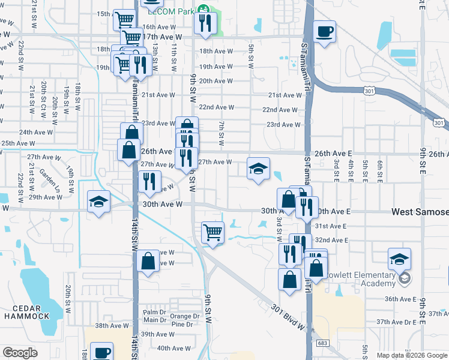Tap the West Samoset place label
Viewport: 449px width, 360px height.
(420, 212)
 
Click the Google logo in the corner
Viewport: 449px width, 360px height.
(20, 353)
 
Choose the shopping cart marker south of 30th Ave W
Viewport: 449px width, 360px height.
(212, 233)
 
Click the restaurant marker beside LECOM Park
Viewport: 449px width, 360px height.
(206, 24)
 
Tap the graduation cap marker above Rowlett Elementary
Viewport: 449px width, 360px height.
(399, 259)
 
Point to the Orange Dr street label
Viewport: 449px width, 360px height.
(184, 316)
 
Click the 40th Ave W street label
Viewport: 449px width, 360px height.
(173, 348)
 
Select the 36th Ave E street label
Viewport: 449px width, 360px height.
(400, 299)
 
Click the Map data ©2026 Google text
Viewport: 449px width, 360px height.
(412, 355)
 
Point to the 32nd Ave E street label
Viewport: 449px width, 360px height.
(333, 240)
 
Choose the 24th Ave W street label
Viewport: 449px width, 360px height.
(34, 132)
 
